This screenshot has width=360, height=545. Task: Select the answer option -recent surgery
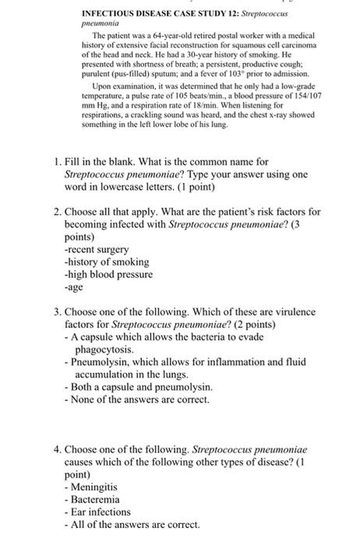tap(96, 250)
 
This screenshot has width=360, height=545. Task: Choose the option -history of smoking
tap(104, 262)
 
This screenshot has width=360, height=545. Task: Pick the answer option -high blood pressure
tap(108, 275)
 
